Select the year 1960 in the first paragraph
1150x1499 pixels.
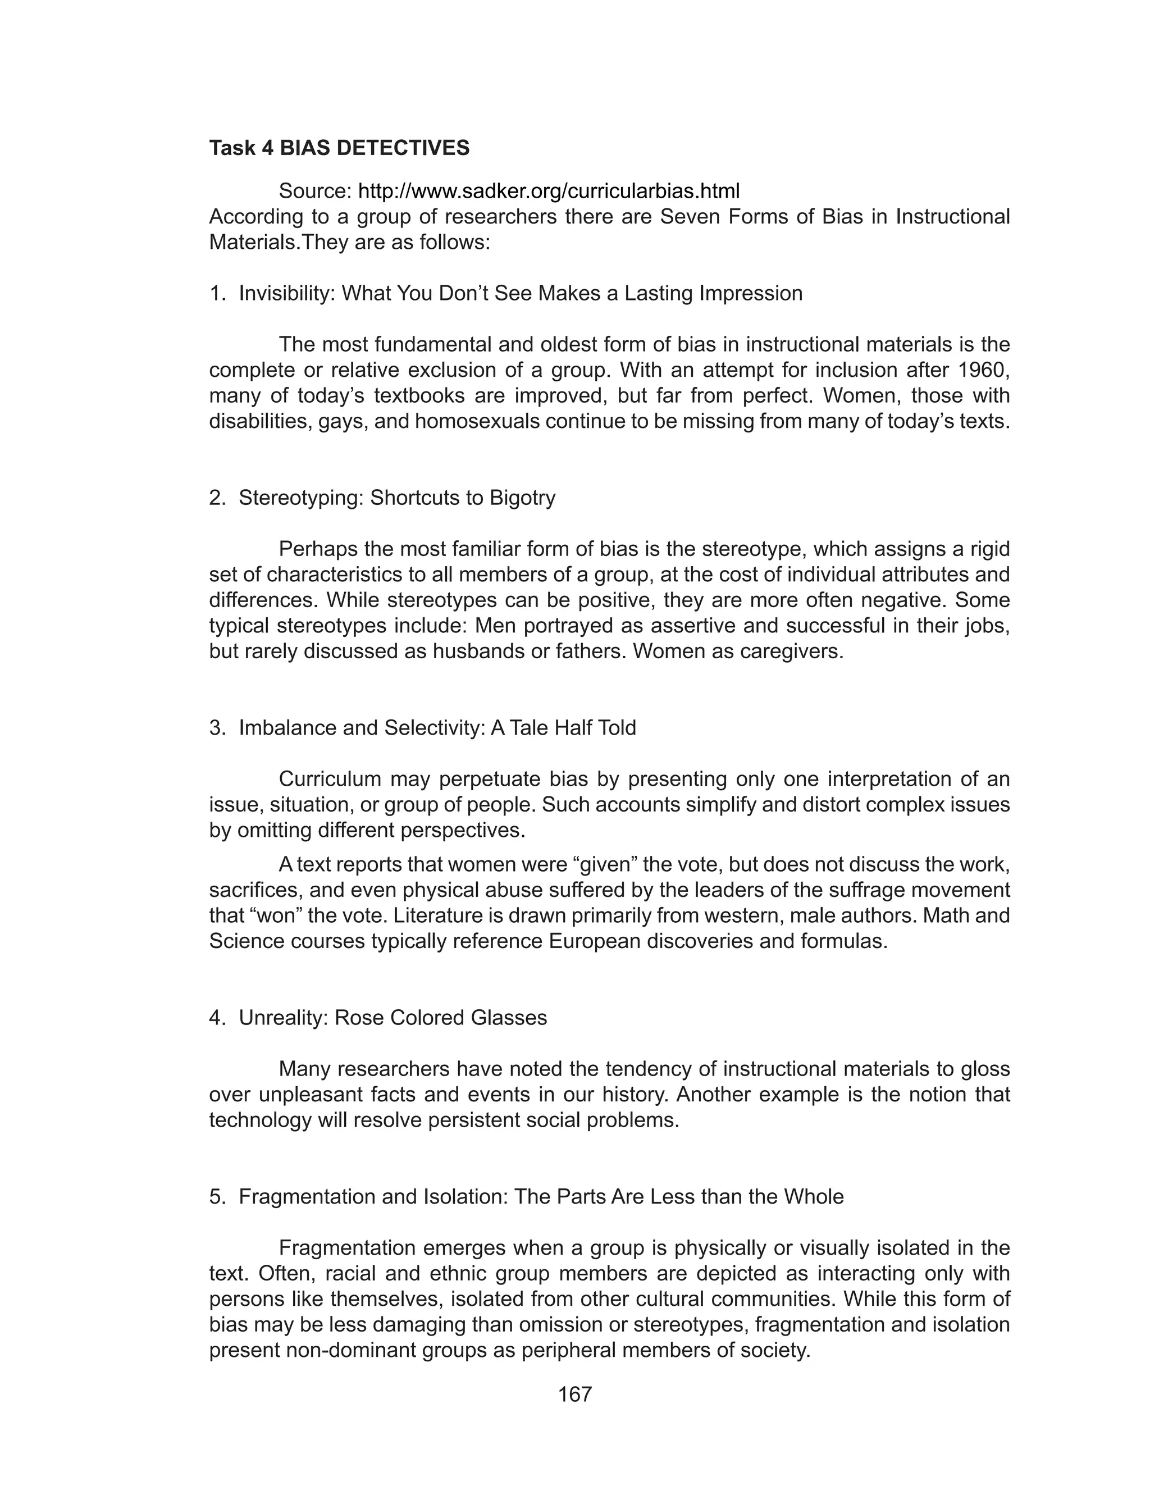(x=984, y=370)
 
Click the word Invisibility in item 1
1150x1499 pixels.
(x=287, y=294)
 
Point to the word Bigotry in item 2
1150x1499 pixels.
(x=522, y=498)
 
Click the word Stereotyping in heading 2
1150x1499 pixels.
(x=300, y=498)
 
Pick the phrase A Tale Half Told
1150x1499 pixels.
(x=563, y=728)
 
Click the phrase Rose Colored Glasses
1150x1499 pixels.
(x=441, y=1018)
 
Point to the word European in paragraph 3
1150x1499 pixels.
(x=595, y=941)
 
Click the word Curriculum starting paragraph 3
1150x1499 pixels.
(x=331, y=780)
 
